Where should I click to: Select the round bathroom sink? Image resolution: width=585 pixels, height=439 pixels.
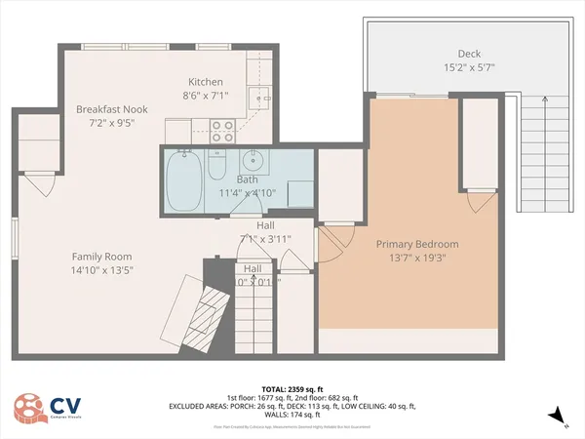(x=253, y=161)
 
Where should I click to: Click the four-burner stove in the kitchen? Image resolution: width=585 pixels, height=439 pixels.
(x=221, y=126)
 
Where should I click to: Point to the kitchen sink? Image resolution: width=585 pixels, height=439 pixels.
(x=258, y=96)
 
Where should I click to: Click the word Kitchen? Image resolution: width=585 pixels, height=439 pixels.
(x=207, y=82)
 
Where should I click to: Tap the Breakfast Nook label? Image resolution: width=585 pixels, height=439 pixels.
(x=110, y=109)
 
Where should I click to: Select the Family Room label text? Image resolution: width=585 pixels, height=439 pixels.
(x=101, y=257)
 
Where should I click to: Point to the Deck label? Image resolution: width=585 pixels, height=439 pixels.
(x=470, y=54)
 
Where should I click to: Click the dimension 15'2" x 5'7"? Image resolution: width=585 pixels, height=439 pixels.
(x=470, y=68)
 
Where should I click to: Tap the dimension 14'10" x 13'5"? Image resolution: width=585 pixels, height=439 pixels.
(x=101, y=271)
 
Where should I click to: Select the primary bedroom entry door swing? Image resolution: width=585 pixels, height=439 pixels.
(x=334, y=241)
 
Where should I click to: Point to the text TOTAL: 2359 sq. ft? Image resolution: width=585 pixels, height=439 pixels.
(x=292, y=387)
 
